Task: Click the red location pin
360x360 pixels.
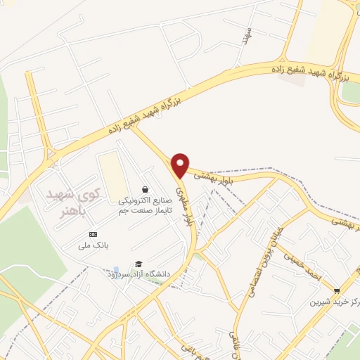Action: (181, 164)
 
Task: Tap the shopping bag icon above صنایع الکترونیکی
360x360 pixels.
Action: (145, 189)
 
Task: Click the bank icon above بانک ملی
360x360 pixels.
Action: (93, 234)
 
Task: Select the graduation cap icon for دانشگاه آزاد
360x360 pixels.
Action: (139, 263)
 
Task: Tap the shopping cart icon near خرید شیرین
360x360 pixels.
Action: (337, 290)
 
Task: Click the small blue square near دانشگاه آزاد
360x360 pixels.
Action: (116, 269)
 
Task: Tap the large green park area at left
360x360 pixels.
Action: (28, 253)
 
